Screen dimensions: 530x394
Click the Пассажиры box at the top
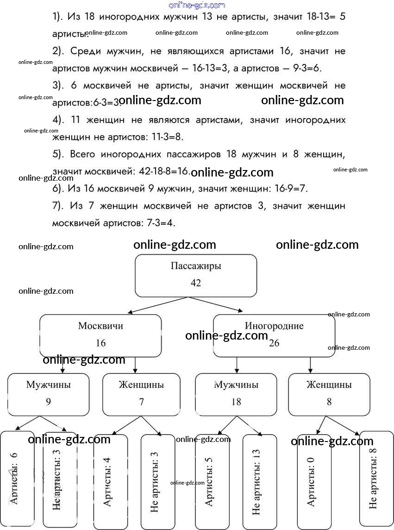pyautogui.click(x=195, y=275)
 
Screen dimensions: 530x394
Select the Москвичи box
pyautogui.click(x=100, y=335)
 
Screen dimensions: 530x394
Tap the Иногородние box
pyautogui.click(x=274, y=335)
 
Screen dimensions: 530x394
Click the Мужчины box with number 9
pyautogui.click(x=48, y=394)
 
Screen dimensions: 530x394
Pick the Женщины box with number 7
pyautogui.click(x=141, y=394)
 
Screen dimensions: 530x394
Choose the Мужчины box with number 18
pyautogui.click(x=236, y=394)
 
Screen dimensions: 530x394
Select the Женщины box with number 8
pyautogui.click(x=329, y=394)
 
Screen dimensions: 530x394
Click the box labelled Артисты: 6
pyautogui.click(x=17, y=479)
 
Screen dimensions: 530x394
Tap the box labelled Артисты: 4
pyautogui.click(x=110, y=482)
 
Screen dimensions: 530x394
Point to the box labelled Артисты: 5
pyautogui.click(x=212, y=482)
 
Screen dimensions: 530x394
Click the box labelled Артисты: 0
pyautogui.click(x=314, y=482)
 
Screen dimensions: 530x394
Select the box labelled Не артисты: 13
pyautogui.click(x=259, y=482)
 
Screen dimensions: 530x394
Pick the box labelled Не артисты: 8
pyautogui.click(x=376, y=479)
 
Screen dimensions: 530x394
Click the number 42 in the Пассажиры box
pyautogui.click(x=195, y=283)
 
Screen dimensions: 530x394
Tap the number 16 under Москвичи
pyautogui.click(x=100, y=343)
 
